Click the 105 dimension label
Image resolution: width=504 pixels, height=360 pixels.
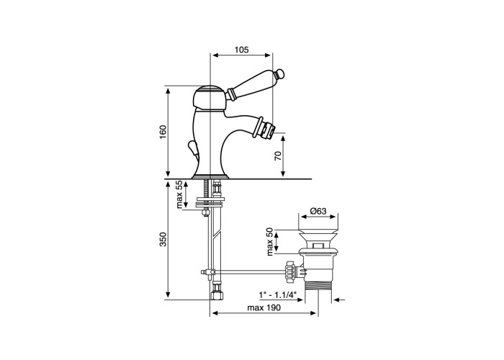(x=241, y=50)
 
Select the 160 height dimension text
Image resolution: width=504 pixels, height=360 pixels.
(x=163, y=131)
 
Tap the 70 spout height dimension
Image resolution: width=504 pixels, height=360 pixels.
(x=279, y=156)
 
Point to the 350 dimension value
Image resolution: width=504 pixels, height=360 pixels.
(x=163, y=239)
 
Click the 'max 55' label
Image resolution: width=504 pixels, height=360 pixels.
(x=179, y=194)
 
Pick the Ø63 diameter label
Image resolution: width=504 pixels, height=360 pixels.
(x=318, y=211)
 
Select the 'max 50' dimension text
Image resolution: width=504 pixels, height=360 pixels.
(x=270, y=242)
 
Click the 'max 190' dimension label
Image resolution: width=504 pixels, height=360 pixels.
(x=264, y=307)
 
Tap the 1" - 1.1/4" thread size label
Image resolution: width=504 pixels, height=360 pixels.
(x=277, y=294)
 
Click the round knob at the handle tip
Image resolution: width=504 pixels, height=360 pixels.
(x=280, y=74)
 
